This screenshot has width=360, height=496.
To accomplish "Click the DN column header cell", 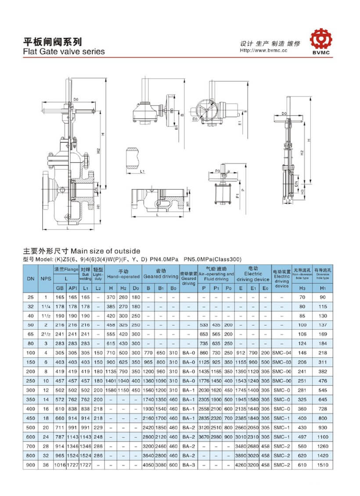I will (31, 279).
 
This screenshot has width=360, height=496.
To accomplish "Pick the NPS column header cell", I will (46, 279).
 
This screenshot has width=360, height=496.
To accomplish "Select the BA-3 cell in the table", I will (188, 465).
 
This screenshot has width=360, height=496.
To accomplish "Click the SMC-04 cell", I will (281, 353).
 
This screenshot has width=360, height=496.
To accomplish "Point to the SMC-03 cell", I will (281, 362).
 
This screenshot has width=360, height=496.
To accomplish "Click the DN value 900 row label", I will (31, 465).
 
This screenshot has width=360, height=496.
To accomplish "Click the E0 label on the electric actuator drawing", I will (194, 118).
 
